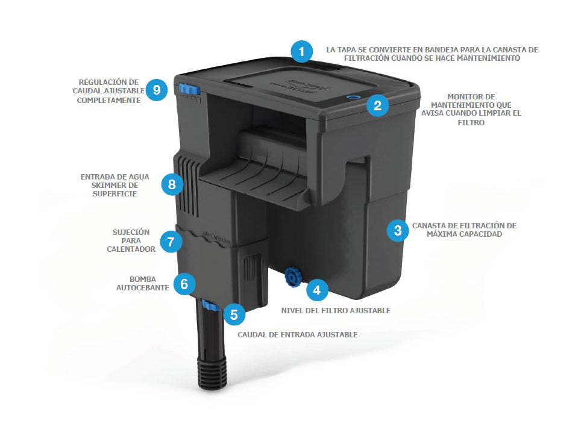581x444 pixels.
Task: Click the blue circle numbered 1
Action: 301,51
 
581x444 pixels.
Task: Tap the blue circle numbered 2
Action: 377,105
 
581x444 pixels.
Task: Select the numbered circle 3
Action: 398,230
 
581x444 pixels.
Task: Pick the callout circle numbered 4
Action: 317,290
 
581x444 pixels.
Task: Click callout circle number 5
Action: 234,314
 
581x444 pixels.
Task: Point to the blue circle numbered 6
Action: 184,284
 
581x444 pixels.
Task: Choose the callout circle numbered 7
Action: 171,242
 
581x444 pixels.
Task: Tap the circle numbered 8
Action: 172,184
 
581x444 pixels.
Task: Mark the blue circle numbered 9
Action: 156,90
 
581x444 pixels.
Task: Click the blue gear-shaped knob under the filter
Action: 294,277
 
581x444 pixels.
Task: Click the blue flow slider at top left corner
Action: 189,89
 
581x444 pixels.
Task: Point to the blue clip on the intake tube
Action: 210,306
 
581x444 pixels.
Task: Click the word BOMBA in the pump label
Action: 143,279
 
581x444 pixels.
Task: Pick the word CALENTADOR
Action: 131,249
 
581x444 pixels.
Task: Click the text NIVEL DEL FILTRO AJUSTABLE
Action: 336,311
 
